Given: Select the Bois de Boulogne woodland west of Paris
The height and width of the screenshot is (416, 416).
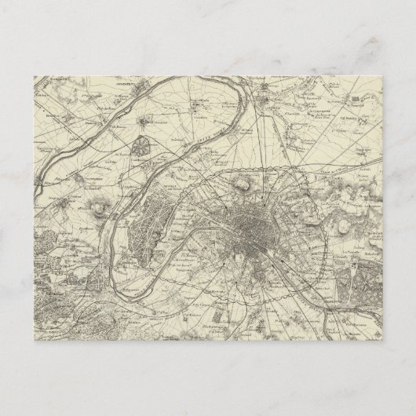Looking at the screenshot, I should pyautogui.click(x=161, y=216).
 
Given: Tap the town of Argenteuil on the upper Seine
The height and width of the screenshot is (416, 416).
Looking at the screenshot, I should pyautogui.click(x=143, y=122).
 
